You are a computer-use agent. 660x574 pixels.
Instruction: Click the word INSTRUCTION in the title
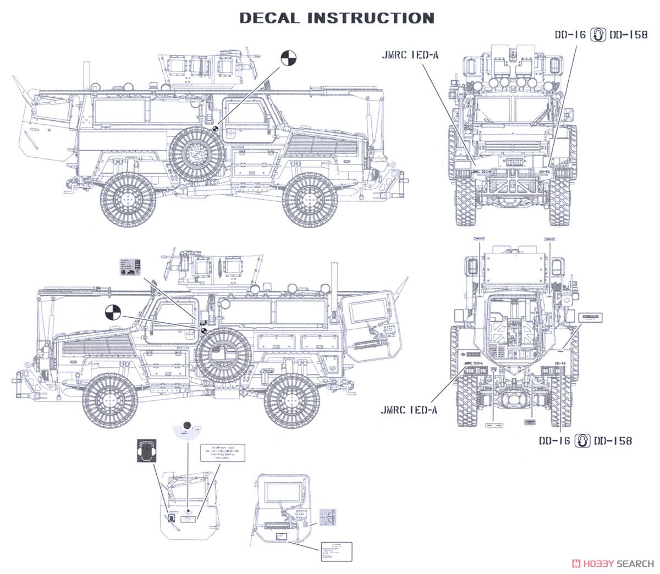(x=371, y=18)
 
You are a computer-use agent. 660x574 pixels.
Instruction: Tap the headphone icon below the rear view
(x=581, y=440)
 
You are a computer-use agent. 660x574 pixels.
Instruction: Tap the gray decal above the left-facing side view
(x=129, y=267)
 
